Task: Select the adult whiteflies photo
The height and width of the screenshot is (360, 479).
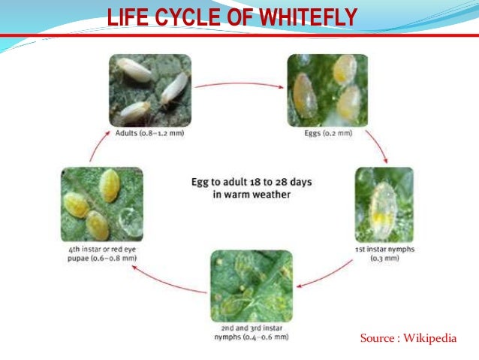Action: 149,90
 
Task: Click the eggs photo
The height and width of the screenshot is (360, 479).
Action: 327,90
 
